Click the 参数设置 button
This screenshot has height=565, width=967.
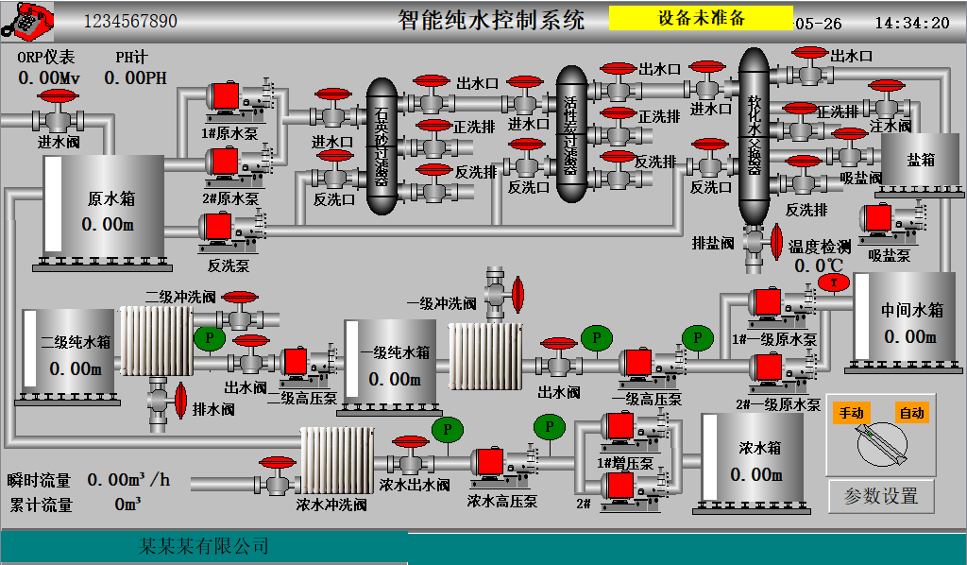[880, 496]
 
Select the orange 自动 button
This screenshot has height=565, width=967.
[911, 413]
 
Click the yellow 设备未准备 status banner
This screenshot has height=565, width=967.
[701, 18]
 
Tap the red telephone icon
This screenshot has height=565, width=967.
[26, 19]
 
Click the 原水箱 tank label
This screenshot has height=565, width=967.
[111, 199]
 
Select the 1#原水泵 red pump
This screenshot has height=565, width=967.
[225, 96]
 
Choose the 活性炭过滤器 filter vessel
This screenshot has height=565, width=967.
[571, 132]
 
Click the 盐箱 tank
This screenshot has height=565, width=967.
[920, 161]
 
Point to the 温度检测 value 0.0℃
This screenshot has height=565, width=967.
[818, 266]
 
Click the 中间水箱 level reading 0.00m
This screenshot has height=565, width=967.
[909, 336]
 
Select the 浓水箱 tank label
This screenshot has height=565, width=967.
[760, 448]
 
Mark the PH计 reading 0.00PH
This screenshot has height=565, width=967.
[135, 77]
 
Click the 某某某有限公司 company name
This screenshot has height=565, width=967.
[204, 546]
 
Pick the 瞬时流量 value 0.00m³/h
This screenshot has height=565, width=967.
[128, 480]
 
